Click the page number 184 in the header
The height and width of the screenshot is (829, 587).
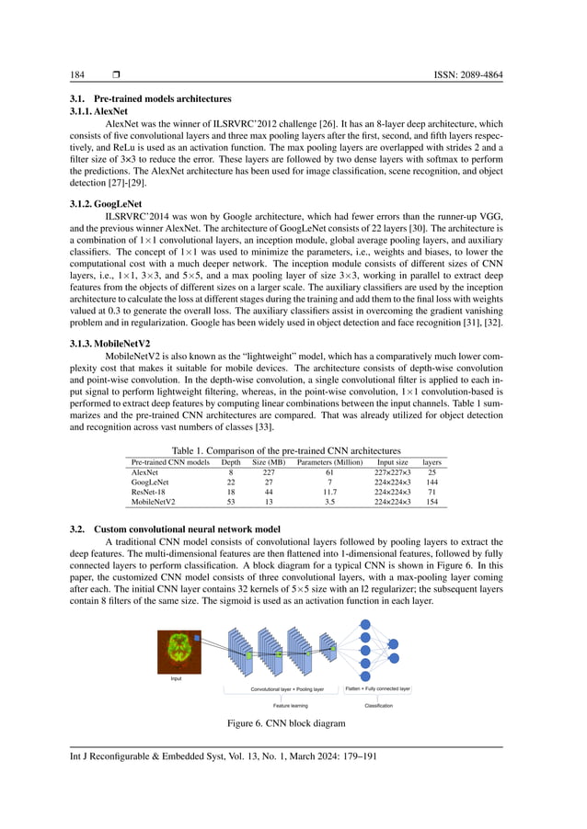(78, 74)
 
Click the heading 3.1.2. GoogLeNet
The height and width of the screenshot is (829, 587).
(98, 206)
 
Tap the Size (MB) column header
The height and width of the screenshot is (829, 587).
(269, 461)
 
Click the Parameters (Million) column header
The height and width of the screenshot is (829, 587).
(329, 461)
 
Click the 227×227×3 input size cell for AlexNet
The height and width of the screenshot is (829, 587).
(393, 471)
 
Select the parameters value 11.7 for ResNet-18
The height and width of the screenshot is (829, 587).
(329, 492)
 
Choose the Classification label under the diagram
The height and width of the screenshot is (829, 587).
(378, 705)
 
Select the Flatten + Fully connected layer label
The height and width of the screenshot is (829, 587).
(378, 687)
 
